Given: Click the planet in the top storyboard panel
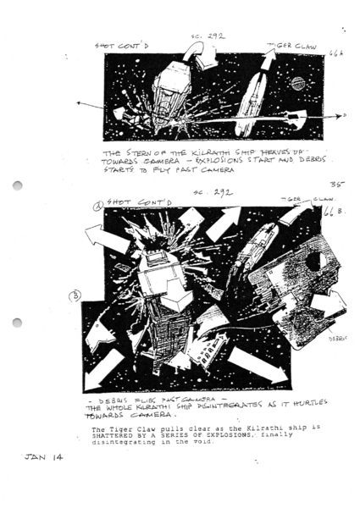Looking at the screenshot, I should (x=299, y=84).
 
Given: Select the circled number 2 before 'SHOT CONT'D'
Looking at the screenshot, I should (x=98, y=203).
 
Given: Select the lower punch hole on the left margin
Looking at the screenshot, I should (x=17, y=323).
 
